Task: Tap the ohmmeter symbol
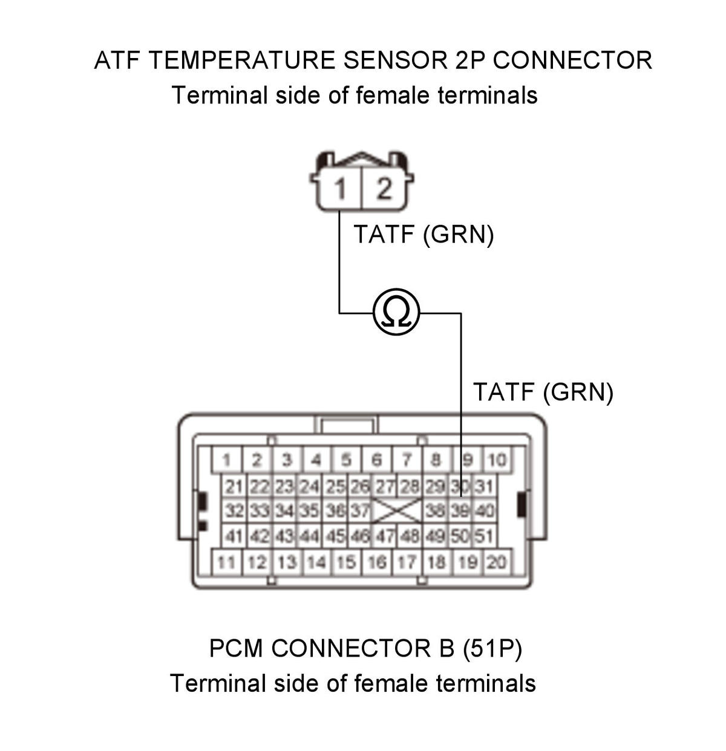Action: pyautogui.click(x=396, y=313)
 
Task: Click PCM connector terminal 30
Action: pyautogui.click(x=459, y=487)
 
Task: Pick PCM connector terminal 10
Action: pyautogui.click(x=497, y=460)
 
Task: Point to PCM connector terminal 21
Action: pyautogui.click(x=234, y=487)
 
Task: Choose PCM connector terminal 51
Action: pyautogui.click(x=483, y=536)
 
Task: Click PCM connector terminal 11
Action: pyautogui.click(x=226, y=562)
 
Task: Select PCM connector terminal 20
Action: pyautogui.click(x=497, y=562)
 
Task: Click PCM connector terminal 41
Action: pyautogui.click(x=234, y=536)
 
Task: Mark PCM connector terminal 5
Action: pyautogui.click(x=347, y=460)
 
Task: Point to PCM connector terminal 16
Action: pyautogui.click(x=377, y=562)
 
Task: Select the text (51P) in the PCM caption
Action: pyautogui.click(x=492, y=648)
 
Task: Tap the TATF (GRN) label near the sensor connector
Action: pyautogui.click(x=423, y=234)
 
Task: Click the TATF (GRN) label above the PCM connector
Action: pyautogui.click(x=543, y=392)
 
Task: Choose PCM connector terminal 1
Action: pyautogui.click(x=226, y=460)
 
